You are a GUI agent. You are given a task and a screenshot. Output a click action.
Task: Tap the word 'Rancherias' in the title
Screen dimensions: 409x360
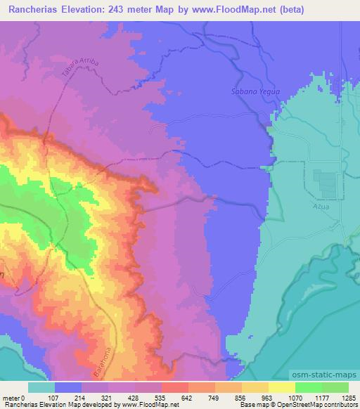(x=32, y=9)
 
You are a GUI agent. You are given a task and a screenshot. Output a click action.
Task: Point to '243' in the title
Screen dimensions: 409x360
(x=135, y=9)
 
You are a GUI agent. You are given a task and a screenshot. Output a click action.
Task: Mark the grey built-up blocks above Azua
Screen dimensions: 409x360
(x=327, y=183)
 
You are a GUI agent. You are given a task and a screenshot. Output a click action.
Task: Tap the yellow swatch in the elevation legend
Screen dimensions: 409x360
(x=281, y=387)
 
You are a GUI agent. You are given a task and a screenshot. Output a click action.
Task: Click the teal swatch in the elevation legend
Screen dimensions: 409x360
(x=41, y=387)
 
